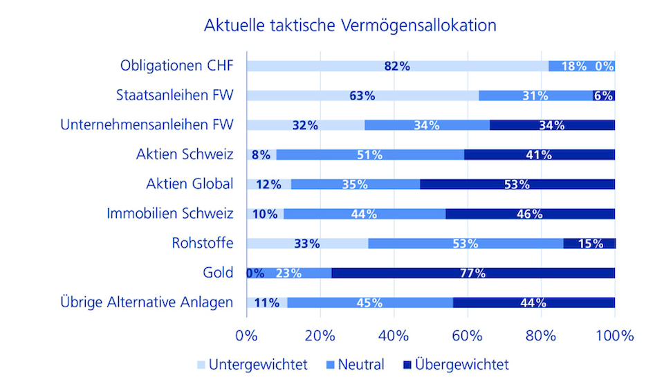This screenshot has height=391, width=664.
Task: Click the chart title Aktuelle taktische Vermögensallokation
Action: coord(350,26)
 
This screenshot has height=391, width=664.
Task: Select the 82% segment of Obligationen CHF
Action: coord(397,66)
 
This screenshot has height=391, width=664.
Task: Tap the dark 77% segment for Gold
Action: coord(473,273)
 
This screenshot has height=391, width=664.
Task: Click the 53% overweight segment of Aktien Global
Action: coord(517,184)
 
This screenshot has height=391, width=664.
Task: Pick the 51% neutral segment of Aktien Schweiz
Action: coord(369,154)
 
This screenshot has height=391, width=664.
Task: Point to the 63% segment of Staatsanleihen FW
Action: coord(362,96)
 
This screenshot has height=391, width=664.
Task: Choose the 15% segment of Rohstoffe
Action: coord(589,244)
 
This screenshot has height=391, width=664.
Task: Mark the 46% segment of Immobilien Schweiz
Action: coord(529,214)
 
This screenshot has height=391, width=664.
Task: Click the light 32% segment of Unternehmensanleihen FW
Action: coord(305,125)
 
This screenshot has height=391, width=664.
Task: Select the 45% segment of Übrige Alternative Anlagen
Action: coord(369,302)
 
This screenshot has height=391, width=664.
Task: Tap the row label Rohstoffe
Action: coord(203,243)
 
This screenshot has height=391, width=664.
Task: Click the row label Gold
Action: coord(219,273)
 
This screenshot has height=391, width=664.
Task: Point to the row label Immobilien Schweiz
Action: coord(170,214)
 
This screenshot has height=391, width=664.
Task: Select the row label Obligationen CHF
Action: coord(177,66)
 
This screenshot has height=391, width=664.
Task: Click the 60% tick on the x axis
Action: coord(467,336)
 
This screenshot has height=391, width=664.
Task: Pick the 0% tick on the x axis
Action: coord(246,336)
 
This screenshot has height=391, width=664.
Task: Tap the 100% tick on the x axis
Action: coord(614,336)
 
